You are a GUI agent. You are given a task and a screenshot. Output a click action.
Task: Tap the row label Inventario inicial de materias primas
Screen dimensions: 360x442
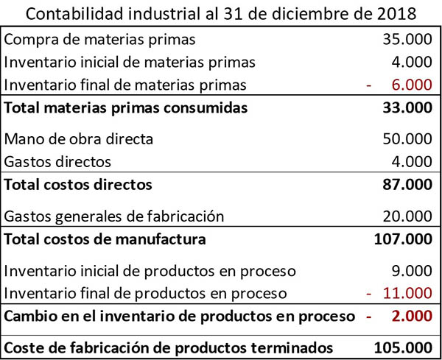tap(130, 62)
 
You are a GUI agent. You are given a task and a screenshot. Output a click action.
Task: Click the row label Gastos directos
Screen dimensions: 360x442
tap(57, 161)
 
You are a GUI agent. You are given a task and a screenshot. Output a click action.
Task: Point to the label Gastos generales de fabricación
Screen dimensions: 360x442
tap(113, 216)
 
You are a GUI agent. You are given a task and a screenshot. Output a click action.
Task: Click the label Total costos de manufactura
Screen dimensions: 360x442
tap(105, 239)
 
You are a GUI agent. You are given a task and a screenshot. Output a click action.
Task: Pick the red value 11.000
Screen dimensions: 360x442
tap(408, 293)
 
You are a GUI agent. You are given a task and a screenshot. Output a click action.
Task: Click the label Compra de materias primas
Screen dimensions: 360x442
tap(100, 39)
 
